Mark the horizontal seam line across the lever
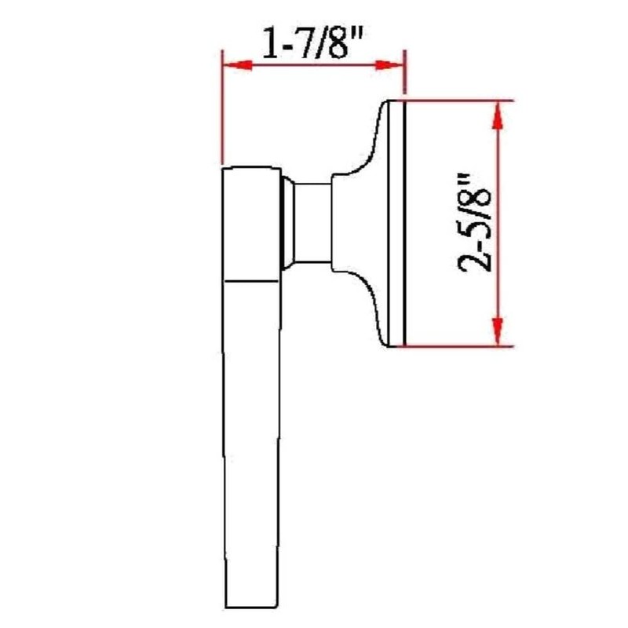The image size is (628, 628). pyautogui.click(x=251, y=280)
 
